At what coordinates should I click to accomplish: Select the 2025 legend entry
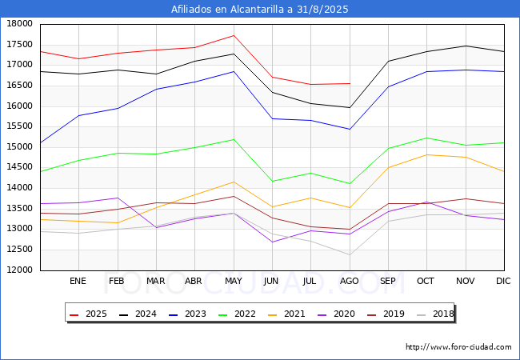89,314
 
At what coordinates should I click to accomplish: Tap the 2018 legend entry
435,314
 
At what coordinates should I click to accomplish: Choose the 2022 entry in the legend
237,314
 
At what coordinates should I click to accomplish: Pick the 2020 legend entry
336,314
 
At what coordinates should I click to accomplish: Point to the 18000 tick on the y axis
20,24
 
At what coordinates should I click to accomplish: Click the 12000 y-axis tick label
20,270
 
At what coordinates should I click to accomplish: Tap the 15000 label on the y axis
20,147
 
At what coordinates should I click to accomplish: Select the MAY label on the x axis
234,281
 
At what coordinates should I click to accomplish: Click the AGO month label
350,281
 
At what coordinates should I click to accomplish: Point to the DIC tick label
503,281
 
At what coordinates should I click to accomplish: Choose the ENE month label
78,281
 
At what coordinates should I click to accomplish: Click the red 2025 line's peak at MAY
234,35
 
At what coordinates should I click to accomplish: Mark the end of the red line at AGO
350,83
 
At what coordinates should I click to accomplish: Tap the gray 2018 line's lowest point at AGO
350,255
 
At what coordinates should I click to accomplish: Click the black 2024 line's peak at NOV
466,46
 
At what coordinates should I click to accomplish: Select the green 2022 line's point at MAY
234,139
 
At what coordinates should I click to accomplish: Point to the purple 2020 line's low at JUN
272,242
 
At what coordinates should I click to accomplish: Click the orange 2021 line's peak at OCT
427,155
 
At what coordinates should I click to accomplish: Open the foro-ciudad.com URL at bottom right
458,347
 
